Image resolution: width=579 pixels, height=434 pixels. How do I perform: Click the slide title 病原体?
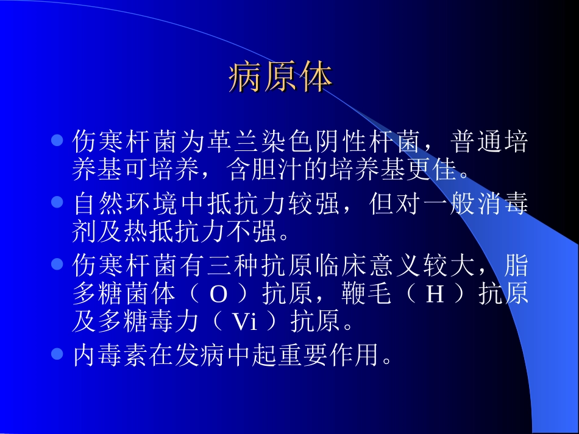point(281,77)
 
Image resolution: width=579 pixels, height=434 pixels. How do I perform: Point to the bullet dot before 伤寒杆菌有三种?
point(58,265)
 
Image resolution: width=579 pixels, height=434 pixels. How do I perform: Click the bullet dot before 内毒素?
point(58,353)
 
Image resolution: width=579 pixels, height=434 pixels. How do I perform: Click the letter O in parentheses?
point(218,295)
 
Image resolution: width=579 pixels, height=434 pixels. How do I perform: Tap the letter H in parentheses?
point(435,295)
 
